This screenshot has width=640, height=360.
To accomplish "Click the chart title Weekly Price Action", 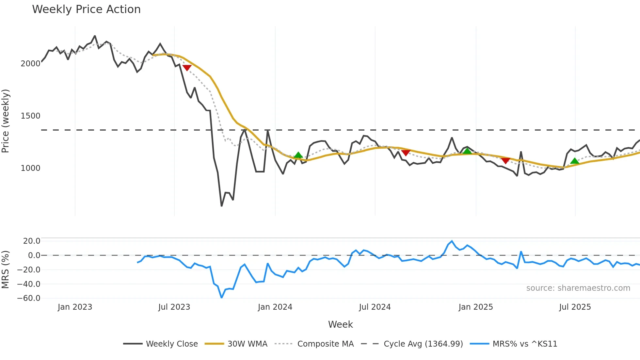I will (86, 9).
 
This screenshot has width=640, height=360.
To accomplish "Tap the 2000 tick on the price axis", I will (30, 64).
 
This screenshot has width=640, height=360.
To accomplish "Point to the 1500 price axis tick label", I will (30, 116).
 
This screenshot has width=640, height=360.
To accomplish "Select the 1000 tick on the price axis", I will (30, 168).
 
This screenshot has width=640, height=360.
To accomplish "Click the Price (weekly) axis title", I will (5, 121).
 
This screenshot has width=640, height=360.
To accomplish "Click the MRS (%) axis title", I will (5, 270).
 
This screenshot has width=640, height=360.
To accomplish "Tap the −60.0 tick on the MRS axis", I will (29, 298).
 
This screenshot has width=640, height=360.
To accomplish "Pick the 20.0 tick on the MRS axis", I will (32, 241).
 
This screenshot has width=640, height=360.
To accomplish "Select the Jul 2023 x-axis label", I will (174, 307).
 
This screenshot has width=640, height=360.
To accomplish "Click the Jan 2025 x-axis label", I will (475, 307).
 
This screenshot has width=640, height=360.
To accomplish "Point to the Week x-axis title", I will (340, 324).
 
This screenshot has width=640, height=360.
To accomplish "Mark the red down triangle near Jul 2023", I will (187, 68).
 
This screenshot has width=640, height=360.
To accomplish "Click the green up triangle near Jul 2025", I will (575, 161).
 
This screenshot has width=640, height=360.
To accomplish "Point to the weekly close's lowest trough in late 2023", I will (222, 206).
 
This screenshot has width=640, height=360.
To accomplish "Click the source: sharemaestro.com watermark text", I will (578, 288).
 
